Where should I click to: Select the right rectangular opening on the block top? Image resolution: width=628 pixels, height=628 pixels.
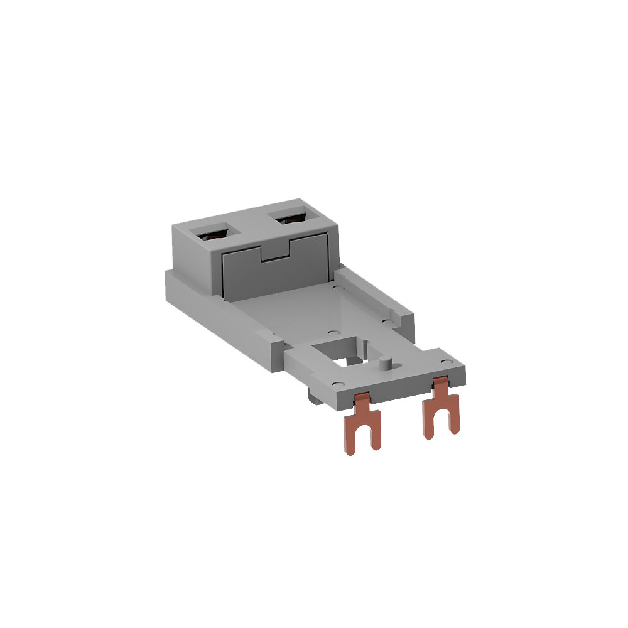290,220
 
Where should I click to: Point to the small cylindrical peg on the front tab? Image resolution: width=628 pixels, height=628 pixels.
386,363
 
